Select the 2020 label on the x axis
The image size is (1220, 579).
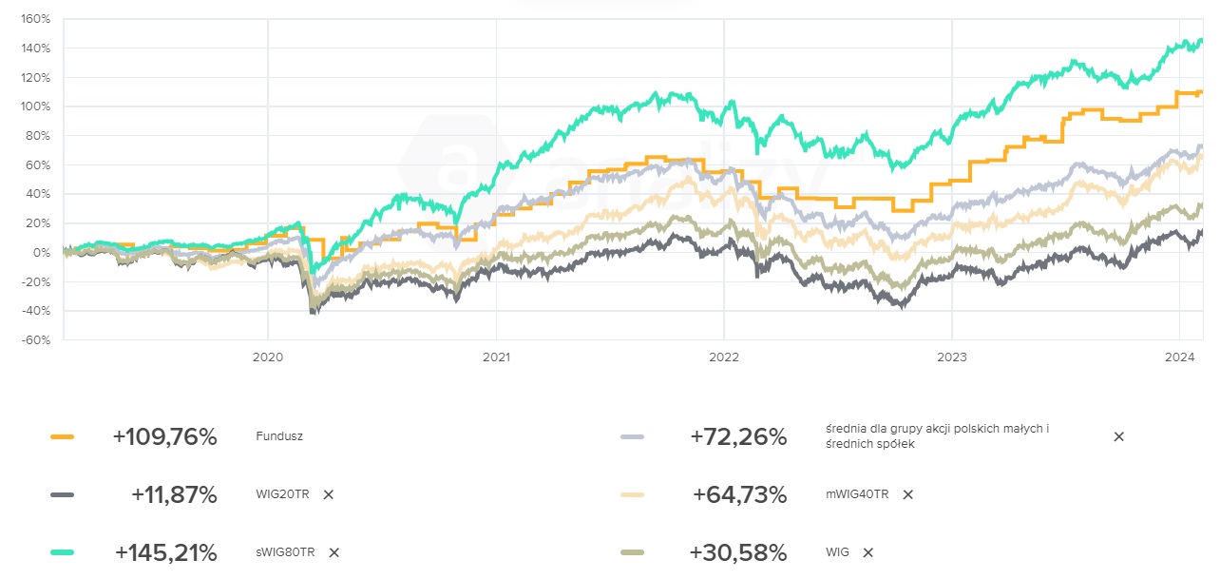[267, 357]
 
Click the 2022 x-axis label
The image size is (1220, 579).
[723, 357]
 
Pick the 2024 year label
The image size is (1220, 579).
[1179, 357]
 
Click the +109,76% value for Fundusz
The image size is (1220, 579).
[165, 437]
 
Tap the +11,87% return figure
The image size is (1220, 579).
[174, 494]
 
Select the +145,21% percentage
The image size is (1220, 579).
[166, 552]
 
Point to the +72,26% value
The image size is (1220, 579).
[738, 437]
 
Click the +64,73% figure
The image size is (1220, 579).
[739, 494]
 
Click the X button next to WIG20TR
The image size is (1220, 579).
[328, 494]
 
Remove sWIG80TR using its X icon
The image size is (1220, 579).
[334, 552]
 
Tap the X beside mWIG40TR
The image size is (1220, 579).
[907, 494]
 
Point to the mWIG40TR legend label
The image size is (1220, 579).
[857, 494]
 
